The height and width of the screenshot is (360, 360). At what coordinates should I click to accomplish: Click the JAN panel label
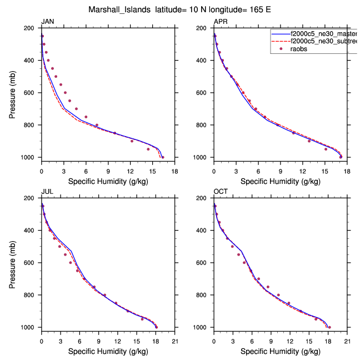(x=47, y=22)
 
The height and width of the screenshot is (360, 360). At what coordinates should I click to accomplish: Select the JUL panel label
(x=47, y=192)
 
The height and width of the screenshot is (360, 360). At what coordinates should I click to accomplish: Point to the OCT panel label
(x=221, y=192)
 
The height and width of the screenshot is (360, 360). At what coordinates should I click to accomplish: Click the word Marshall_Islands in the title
(x=119, y=9)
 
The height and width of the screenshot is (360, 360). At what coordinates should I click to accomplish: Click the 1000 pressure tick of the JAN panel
(x=31, y=157)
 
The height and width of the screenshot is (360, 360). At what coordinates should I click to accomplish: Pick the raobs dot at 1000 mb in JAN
(x=162, y=157)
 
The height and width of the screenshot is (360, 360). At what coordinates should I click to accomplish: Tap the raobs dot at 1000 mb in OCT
(x=329, y=327)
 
